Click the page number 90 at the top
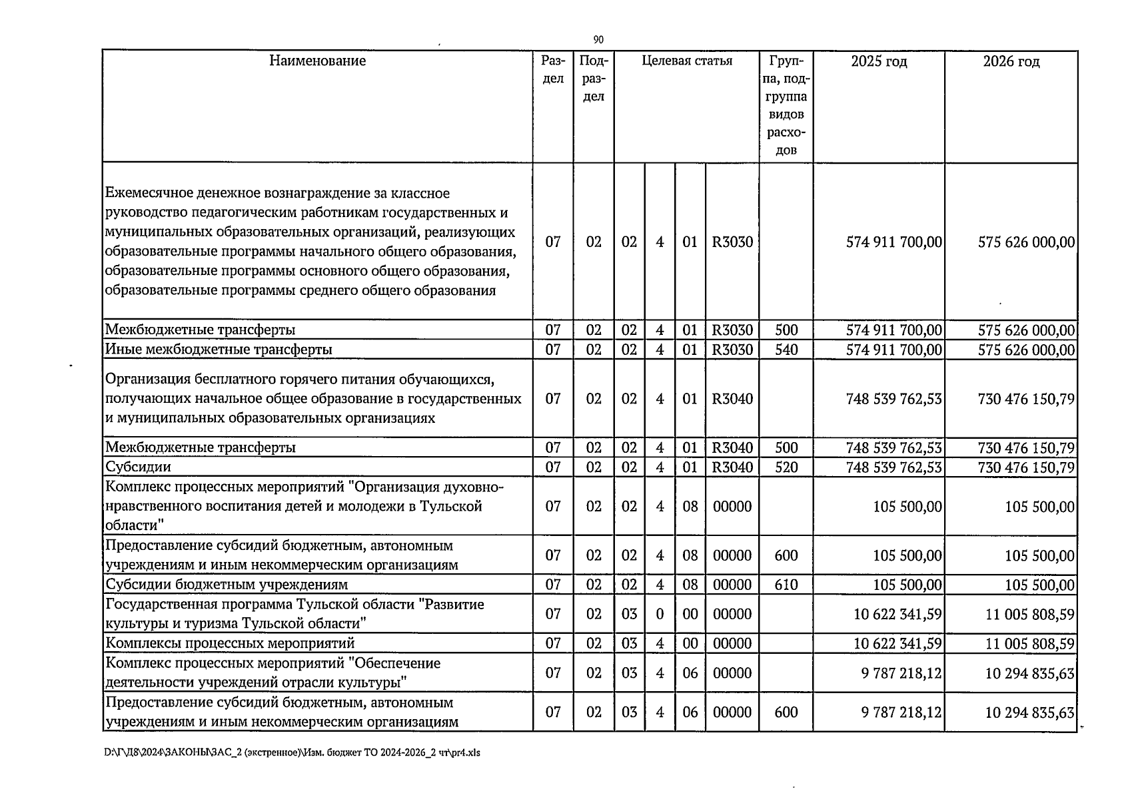point(598,40)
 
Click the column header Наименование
point(317,61)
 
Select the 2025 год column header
point(879,62)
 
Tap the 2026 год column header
point(1011,62)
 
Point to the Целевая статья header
point(686,61)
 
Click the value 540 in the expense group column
point(786,350)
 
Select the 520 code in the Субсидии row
point(786,467)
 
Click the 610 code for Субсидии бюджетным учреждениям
point(786,585)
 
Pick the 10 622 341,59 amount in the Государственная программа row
point(897,614)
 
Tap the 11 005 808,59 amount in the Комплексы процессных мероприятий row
point(1029,644)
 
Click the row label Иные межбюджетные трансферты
point(219,350)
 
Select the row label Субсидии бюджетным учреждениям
point(227,585)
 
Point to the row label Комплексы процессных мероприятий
point(230,644)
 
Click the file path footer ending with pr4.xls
point(292,753)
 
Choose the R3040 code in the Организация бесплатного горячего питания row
point(732,399)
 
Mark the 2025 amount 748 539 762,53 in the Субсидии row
point(893,467)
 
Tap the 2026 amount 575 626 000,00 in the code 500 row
point(1026,330)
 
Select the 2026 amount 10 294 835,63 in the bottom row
point(1029,712)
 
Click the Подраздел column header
point(593,79)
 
